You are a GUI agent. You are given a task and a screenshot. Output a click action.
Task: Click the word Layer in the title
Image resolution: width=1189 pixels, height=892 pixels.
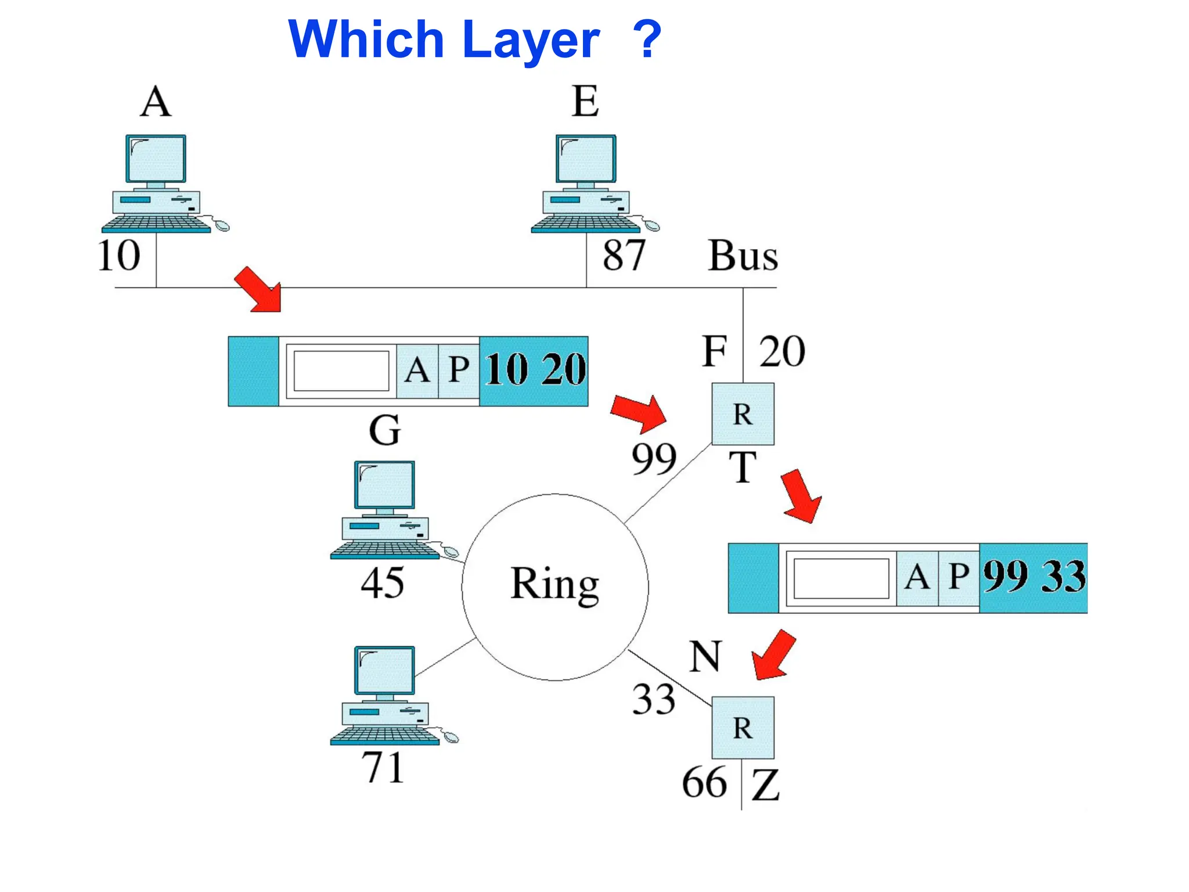532,41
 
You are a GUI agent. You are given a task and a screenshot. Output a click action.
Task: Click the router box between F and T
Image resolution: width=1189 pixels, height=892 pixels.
743,414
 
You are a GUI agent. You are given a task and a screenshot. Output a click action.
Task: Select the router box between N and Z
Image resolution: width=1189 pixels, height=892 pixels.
743,728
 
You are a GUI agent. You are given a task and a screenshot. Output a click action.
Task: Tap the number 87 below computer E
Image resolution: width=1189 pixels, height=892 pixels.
624,256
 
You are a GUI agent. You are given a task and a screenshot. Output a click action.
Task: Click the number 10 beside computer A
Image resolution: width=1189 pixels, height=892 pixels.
118,256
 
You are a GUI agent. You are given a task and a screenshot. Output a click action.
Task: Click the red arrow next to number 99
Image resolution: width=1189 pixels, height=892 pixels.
640,413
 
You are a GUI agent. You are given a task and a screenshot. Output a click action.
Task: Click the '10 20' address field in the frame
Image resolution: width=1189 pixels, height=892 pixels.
534,371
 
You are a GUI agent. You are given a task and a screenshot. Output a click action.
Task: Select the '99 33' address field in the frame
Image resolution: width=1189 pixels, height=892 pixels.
1033,578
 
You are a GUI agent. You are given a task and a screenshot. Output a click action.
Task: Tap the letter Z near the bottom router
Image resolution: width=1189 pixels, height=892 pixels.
765,785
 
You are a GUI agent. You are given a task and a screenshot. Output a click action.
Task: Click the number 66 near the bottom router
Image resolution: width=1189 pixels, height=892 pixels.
704,783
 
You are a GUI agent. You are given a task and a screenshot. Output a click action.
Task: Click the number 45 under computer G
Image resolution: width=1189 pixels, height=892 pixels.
382,583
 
